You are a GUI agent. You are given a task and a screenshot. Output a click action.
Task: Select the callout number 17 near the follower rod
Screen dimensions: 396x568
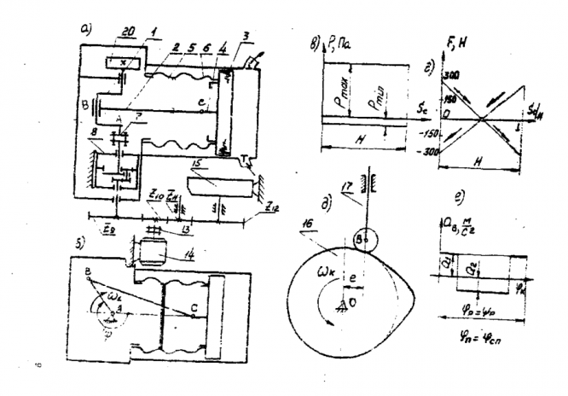345,182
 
